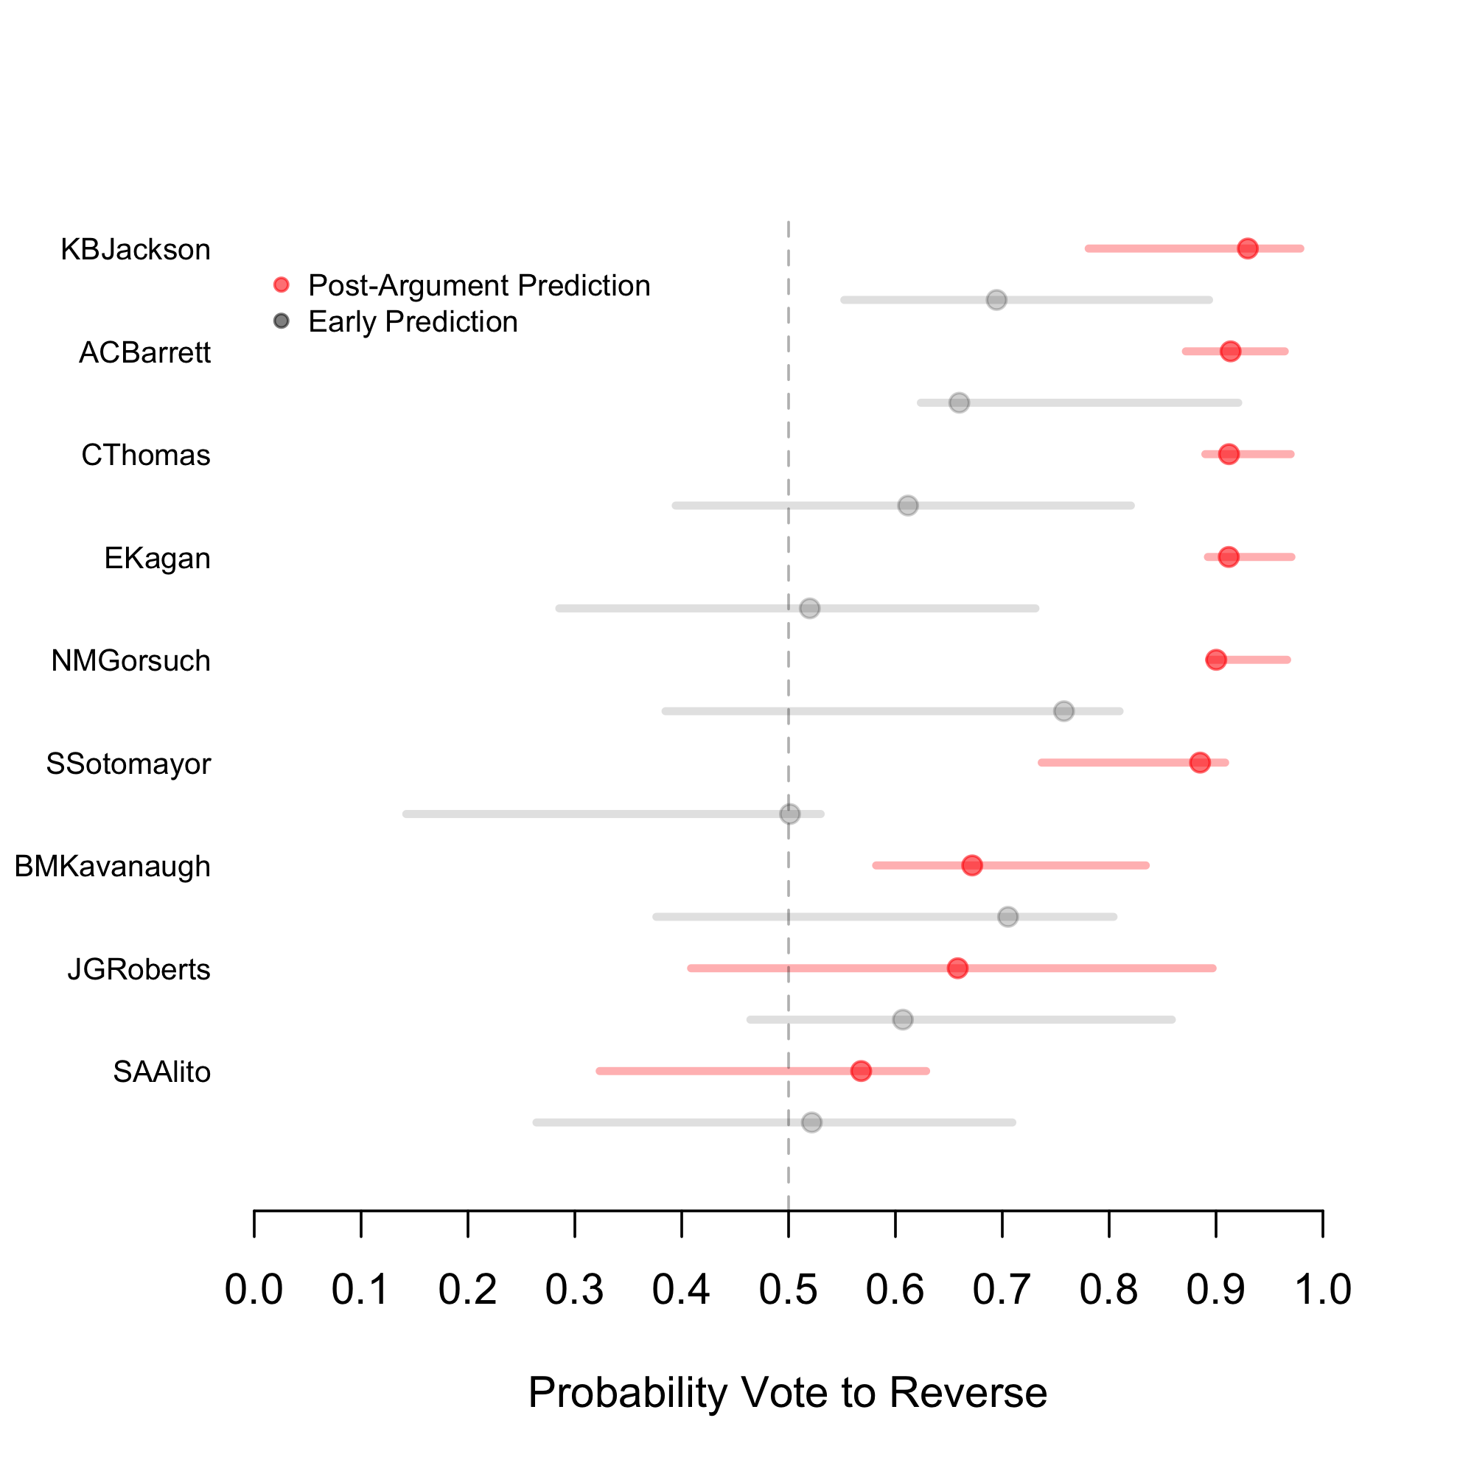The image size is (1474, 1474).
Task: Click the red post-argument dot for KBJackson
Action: point(1248,248)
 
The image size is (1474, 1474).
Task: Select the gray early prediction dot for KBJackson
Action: point(996,300)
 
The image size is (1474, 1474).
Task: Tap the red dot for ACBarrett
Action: point(1230,352)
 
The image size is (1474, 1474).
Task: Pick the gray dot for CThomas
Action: point(908,506)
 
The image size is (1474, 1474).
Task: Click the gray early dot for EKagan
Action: point(809,609)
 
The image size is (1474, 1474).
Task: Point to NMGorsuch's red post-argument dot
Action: point(1216,660)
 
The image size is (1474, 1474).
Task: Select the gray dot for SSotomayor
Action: point(789,814)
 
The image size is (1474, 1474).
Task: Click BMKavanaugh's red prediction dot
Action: point(972,865)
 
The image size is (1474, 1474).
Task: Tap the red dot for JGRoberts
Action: point(957,968)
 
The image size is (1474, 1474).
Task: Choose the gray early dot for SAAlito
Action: point(811,1122)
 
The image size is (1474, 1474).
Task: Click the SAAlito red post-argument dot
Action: point(861,1071)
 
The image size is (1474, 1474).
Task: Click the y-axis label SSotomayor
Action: point(128,764)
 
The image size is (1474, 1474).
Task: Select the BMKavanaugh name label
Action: point(112,867)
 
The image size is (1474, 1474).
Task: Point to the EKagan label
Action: point(157,559)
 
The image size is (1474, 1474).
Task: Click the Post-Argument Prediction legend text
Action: point(479,285)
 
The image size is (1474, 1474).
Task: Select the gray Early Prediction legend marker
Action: point(282,321)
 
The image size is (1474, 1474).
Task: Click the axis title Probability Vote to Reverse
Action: point(787,1392)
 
